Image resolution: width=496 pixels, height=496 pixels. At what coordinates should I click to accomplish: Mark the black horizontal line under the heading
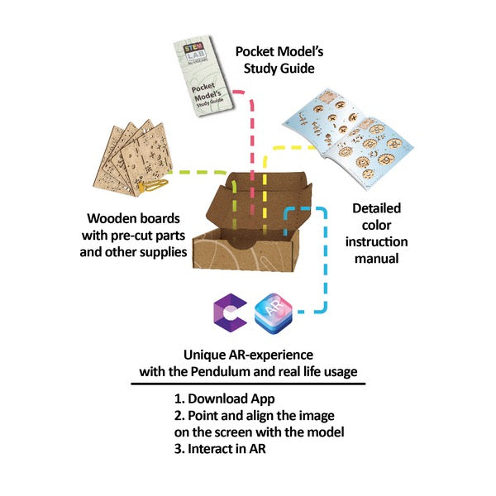point(247,384)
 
